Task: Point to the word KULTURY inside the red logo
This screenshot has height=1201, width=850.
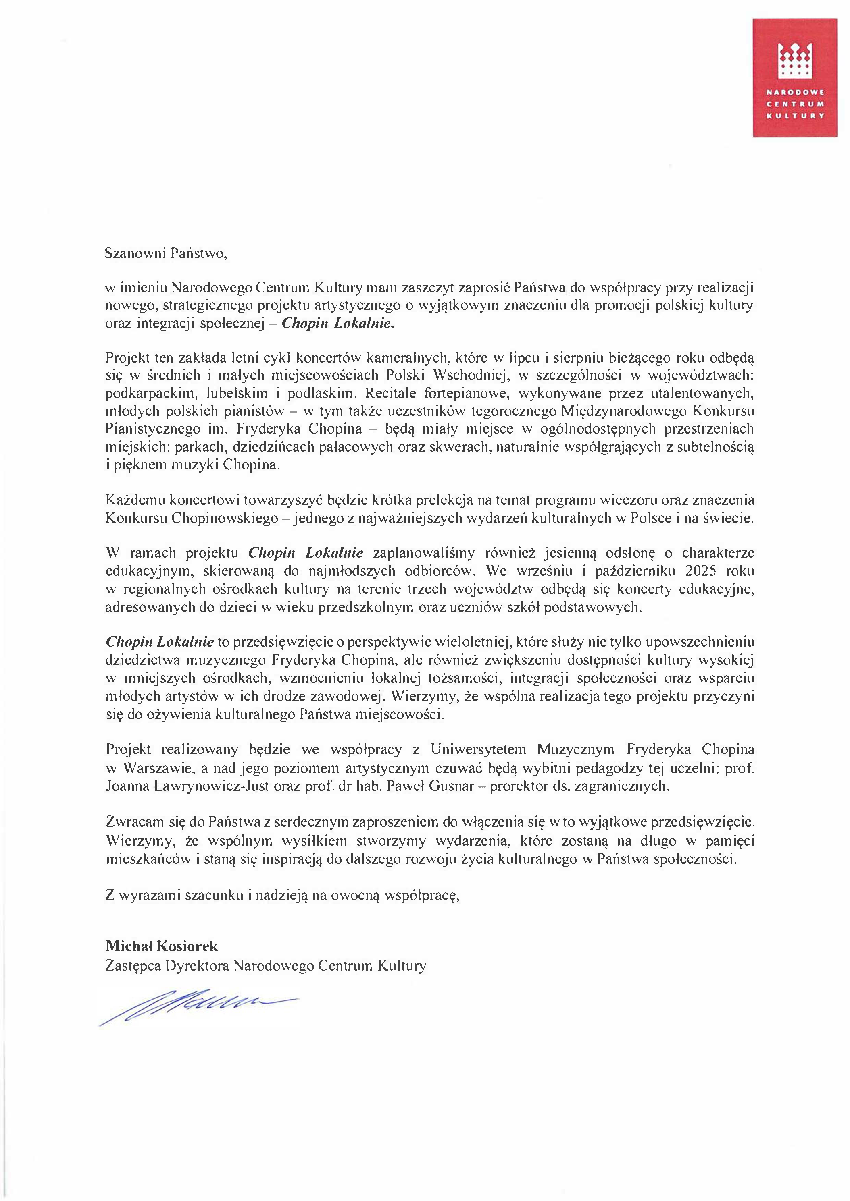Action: pos(795,116)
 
